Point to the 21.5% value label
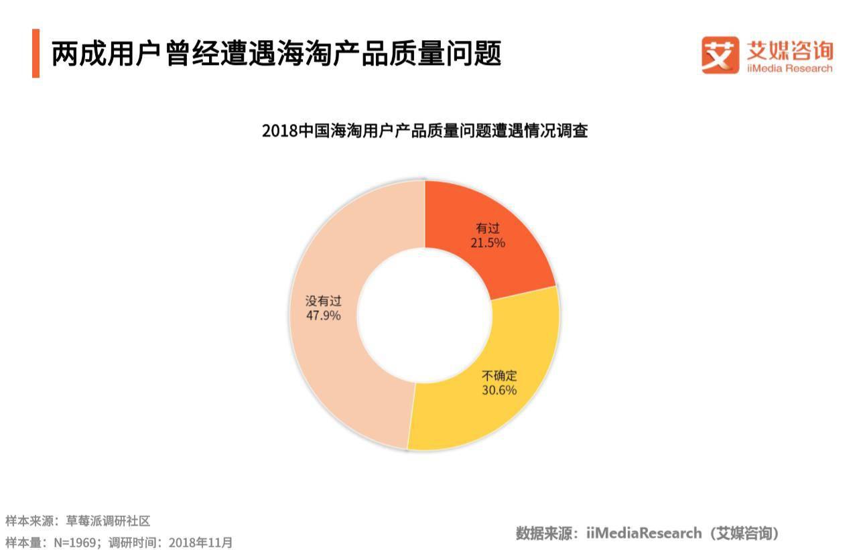(x=487, y=243)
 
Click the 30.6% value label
(x=499, y=390)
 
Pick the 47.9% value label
(x=323, y=315)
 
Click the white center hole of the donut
(x=425, y=315)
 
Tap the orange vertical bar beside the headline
(x=36, y=54)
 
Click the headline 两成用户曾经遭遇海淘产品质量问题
(x=276, y=54)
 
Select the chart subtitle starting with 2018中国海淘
(x=425, y=130)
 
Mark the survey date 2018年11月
(x=200, y=542)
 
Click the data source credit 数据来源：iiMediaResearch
(x=647, y=533)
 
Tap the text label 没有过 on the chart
(x=323, y=301)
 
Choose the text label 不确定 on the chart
(x=499, y=376)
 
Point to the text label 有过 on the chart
(x=487, y=228)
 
